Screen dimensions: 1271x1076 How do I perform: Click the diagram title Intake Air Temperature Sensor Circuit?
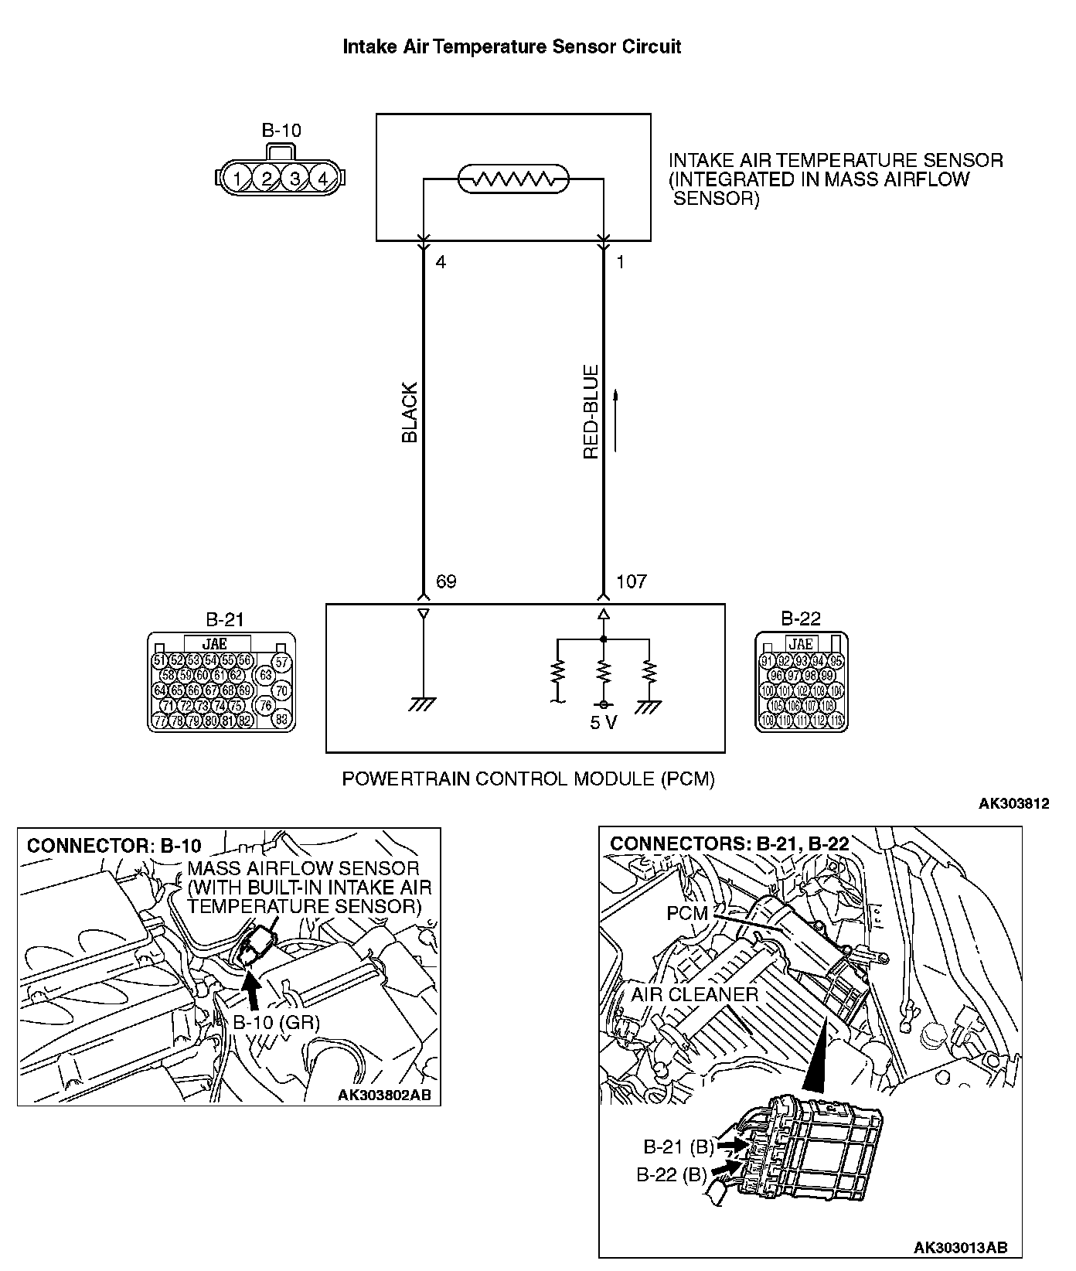point(512,46)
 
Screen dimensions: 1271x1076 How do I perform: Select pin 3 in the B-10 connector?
point(295,179)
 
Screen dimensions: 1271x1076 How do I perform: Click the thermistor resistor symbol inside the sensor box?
point(513,179)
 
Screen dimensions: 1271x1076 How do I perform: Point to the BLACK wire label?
point(410,413)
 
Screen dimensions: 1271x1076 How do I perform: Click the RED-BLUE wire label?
point(591,413)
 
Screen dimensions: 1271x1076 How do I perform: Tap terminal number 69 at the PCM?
point(446,581)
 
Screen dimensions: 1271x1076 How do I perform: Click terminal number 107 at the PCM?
point(631,581)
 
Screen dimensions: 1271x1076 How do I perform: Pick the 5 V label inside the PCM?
point(604,724)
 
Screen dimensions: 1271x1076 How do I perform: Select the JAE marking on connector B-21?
point(217,643)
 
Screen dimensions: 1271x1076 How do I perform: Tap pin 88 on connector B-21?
point(281,718)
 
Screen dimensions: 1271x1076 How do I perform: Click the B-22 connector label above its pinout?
point(801,618)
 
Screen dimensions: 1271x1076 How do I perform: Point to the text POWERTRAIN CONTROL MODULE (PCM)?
point(528,779)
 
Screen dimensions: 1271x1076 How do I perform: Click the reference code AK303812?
point(1013,803)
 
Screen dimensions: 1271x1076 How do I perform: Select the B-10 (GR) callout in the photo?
point(276,1021)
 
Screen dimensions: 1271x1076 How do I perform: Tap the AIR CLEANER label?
point(695,994)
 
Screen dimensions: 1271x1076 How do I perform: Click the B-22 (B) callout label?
point(672,1175)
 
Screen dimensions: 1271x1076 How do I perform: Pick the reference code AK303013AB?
point(960,1248)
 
